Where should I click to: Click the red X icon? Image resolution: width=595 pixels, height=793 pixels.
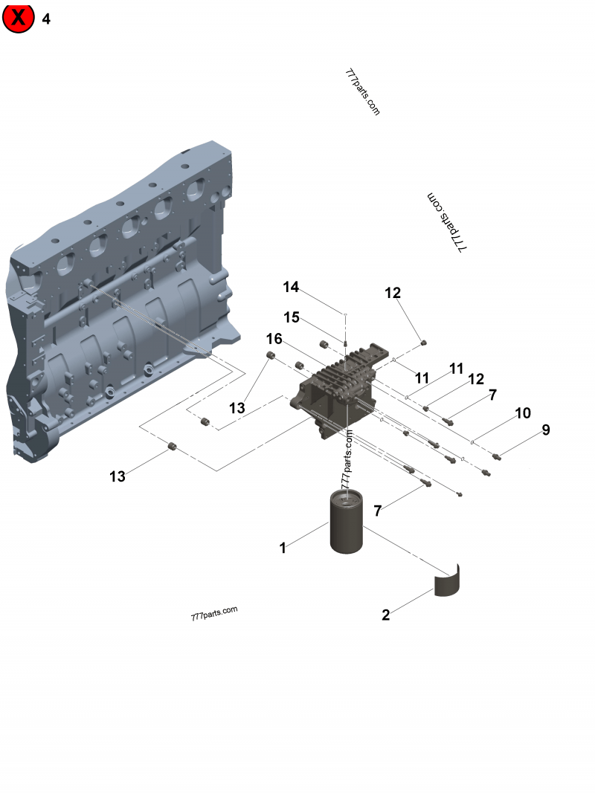tap(19, 19)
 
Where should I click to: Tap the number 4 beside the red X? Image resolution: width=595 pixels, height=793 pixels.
tap(46, 19)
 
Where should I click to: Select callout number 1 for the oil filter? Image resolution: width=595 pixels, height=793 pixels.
tap(283, 548)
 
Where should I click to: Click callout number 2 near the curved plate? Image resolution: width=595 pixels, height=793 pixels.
tap(385, 615)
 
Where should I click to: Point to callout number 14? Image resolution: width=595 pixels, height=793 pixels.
tap(291, 287)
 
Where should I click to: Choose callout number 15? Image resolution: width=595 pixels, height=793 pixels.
tap(291, 317)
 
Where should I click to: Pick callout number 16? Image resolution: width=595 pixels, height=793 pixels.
tap(274, 339)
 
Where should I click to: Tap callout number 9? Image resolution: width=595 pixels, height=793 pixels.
tap(545, 430)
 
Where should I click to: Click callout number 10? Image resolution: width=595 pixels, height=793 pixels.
tap(522, 412)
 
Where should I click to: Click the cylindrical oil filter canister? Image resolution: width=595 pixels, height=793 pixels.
tap(351, 524)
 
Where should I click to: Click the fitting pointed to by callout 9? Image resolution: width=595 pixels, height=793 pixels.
tap(497, 456)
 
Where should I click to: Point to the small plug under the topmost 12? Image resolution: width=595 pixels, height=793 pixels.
tap(424, 343)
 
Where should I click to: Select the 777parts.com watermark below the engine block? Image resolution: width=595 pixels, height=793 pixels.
tap(214, 613)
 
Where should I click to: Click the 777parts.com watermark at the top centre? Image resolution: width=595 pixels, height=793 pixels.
tap(363, 92)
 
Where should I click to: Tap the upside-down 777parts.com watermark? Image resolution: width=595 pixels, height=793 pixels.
tap(446, 223)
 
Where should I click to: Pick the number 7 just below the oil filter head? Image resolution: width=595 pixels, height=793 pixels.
tap(378, 511)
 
